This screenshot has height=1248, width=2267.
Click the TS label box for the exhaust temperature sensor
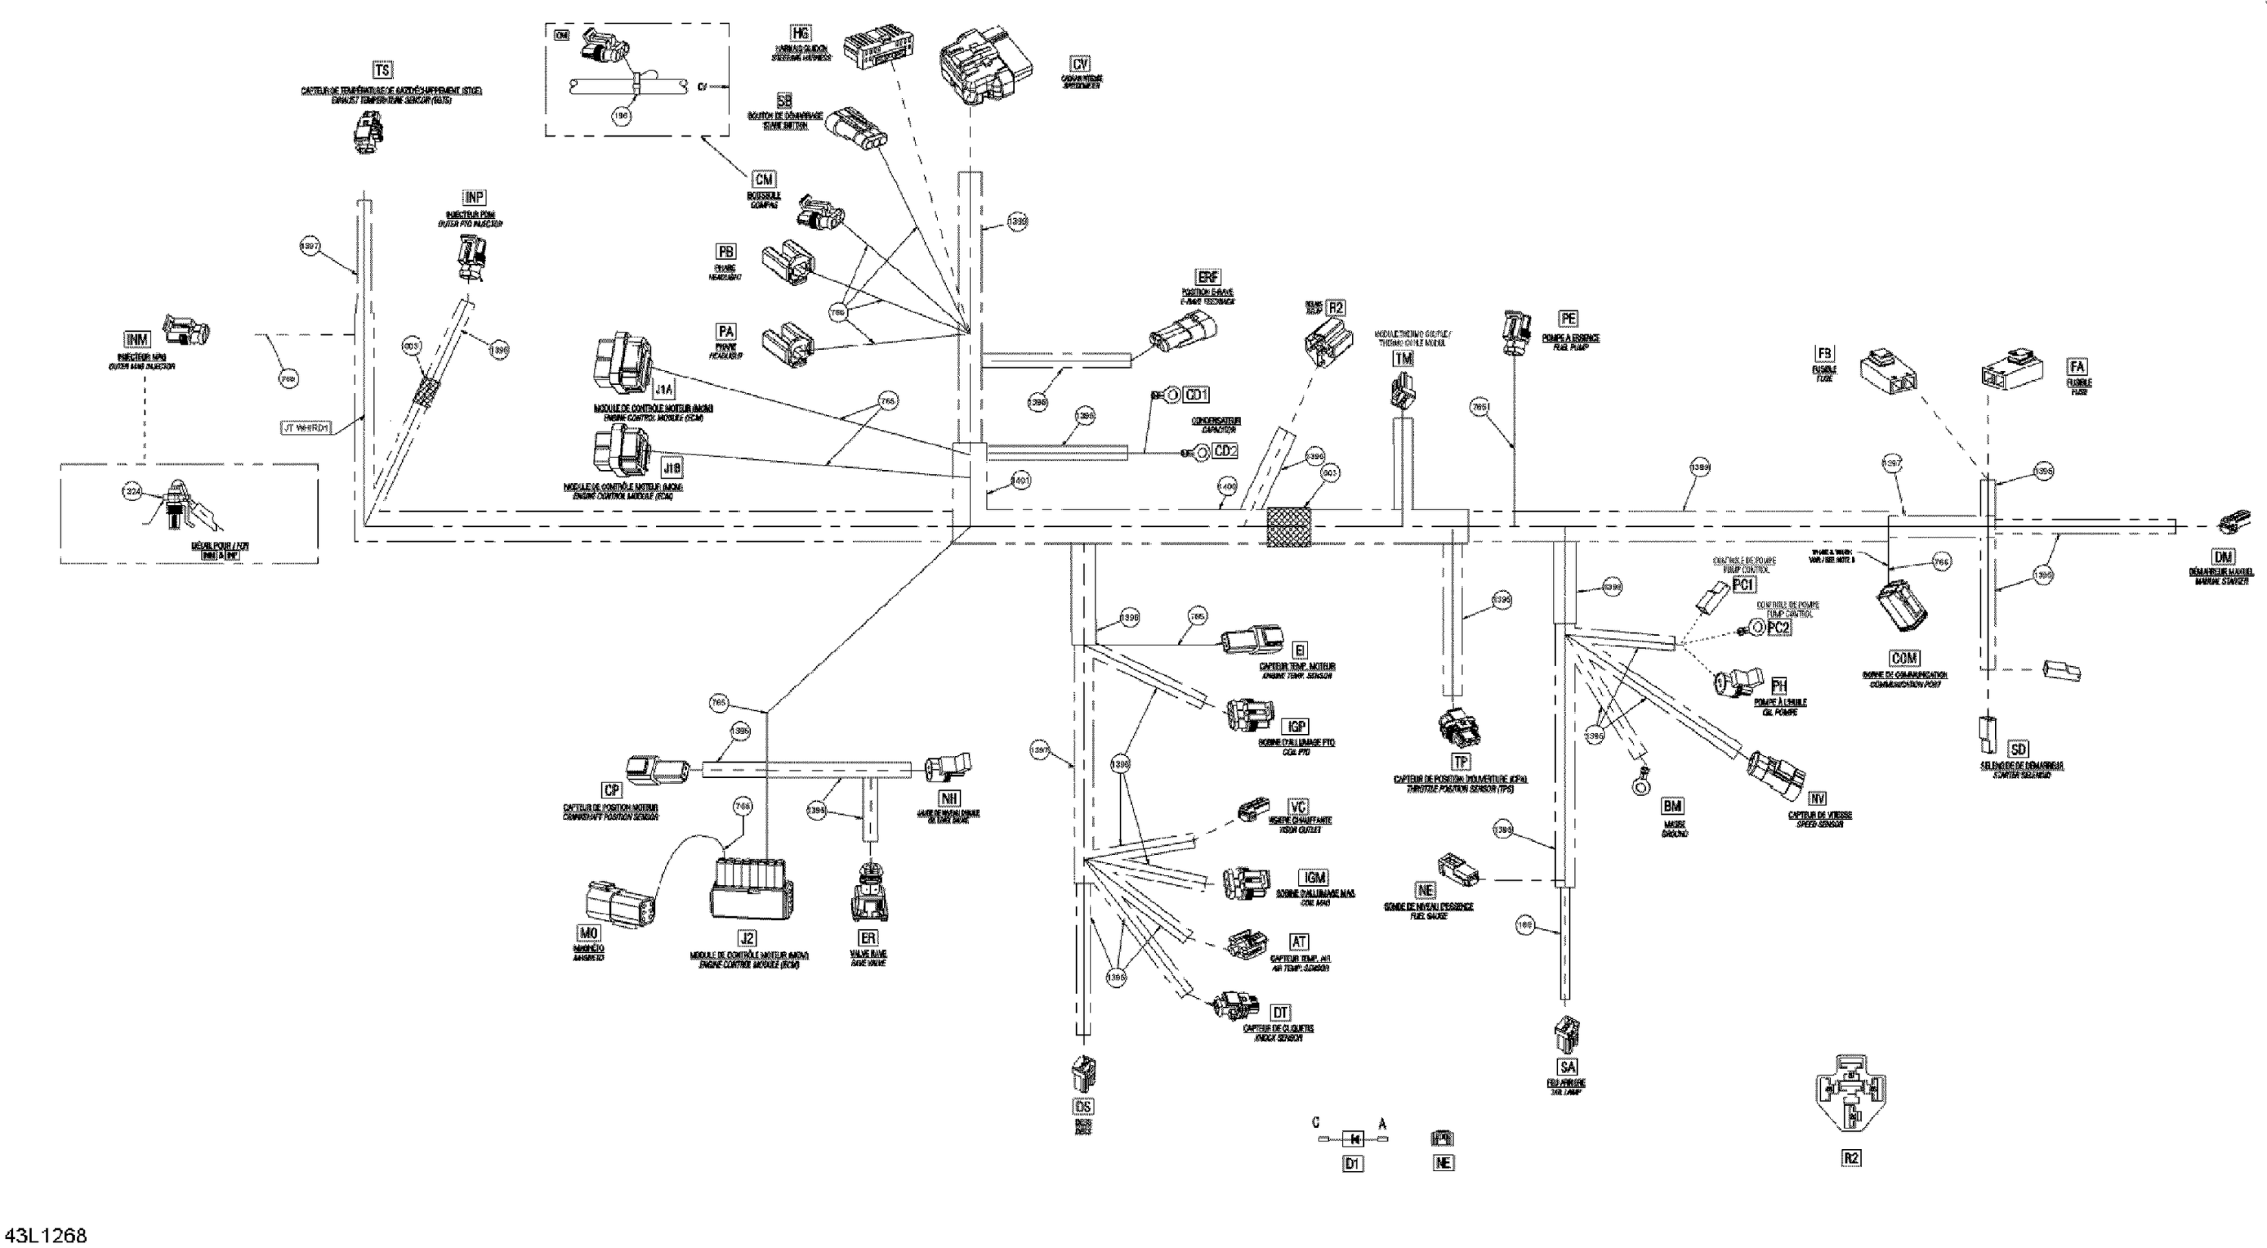coord(382,70)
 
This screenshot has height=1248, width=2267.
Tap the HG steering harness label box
coord(800,33)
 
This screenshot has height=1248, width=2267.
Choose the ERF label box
coord(1208,277)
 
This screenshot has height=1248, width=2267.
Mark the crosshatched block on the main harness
coord(1288,527)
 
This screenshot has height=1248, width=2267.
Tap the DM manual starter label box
coord(2223,557)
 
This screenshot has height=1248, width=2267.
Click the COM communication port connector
coord(1903,605)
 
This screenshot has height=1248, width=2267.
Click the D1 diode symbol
coord(1353,1139)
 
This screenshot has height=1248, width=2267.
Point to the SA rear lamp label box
coord(1567,1067)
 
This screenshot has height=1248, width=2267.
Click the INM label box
coord(138,339)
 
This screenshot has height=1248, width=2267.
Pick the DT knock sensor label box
coord(1280,1013)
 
